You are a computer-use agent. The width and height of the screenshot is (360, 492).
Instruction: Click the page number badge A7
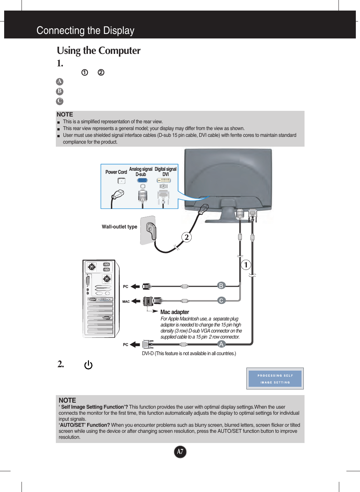[180, 452]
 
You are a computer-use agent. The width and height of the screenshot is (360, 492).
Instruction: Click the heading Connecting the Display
[85, 31]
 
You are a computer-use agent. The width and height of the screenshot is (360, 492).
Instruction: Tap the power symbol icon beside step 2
[88, 365]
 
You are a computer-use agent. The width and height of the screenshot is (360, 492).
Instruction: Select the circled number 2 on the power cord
[186, 237]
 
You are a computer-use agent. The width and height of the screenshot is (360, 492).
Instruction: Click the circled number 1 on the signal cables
[246, 265]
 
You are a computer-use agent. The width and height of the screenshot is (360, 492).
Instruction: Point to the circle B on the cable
[221, 285]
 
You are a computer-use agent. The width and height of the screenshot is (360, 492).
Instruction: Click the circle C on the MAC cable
[221, 300]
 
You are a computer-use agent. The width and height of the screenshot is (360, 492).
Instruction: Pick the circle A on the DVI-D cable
[222, 344]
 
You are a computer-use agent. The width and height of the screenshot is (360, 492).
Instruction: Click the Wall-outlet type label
[119, 227]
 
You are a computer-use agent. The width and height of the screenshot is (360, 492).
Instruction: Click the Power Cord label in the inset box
[116, 172]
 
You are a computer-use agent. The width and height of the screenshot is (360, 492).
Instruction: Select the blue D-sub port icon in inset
[142, 180]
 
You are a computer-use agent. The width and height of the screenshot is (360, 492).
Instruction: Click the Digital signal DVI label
[165, 172]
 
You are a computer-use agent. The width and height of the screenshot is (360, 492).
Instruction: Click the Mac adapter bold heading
[175, 312]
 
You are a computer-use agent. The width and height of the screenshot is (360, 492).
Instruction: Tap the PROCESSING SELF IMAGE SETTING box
[275, 379]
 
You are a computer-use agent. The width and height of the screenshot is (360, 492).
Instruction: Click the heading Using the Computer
[98, 51]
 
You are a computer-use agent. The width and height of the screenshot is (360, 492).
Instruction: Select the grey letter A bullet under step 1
[60, 81]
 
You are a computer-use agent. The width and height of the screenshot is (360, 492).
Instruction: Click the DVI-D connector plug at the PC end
[147, 344]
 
